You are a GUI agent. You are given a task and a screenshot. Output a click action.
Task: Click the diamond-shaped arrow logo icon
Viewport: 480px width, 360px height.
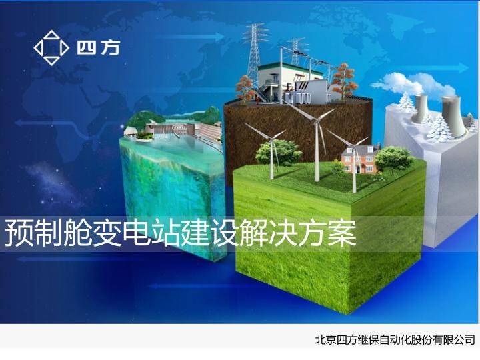coord(51,48)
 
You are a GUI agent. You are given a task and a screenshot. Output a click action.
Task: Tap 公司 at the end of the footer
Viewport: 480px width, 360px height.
coord(464,340)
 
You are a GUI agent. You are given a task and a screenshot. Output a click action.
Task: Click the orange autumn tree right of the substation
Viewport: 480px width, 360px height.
coord(343,77)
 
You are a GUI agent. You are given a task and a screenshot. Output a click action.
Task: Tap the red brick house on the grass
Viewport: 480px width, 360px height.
coord(355,160)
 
